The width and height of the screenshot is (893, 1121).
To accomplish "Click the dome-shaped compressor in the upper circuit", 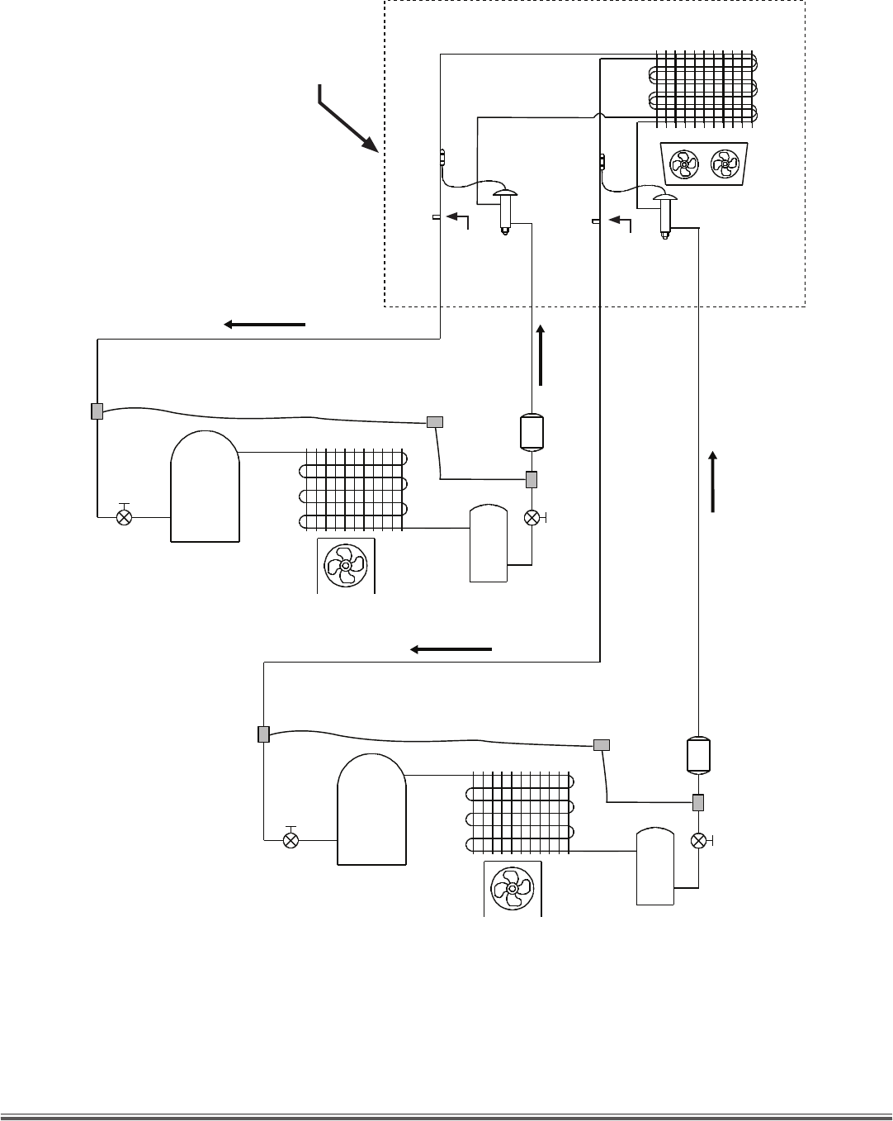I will [x=205, y=487].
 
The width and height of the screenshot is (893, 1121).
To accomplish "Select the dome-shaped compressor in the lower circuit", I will [x=372, y=810].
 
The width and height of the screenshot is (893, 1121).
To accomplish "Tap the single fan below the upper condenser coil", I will [x=346, y=565].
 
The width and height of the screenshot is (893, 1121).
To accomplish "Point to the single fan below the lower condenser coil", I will [x=513, y=888].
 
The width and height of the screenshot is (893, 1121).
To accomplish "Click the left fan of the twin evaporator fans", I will [x=685, y=164].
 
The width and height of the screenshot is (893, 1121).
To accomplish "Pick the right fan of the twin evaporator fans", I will [x=725, y=164].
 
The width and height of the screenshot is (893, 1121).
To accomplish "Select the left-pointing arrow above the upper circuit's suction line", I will [x=264, y=325].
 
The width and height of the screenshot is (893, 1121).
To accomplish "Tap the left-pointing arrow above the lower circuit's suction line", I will [x=451, y=649].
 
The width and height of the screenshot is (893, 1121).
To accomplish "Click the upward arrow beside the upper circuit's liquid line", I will [x=541, y=355].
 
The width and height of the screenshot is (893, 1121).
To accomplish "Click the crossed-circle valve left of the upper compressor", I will [x=125, y=517].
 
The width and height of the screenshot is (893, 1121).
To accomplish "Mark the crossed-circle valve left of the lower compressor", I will [x=291, y=840].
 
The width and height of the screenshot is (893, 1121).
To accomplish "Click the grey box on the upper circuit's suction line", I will [x=97, y=411].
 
